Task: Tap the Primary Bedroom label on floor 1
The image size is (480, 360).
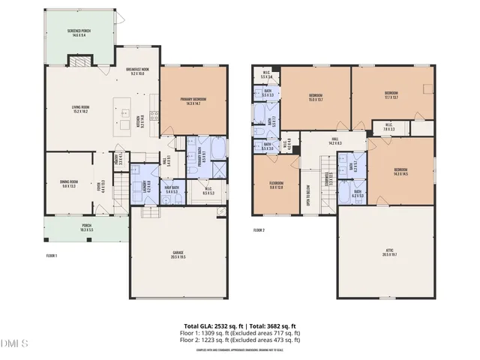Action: point(193,102)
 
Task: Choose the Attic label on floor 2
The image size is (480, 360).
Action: point(387,254)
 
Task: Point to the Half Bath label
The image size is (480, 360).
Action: point(170,190)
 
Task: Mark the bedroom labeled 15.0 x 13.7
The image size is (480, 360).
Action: point(316,97)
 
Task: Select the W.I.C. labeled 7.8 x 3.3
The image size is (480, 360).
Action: point(388,127)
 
